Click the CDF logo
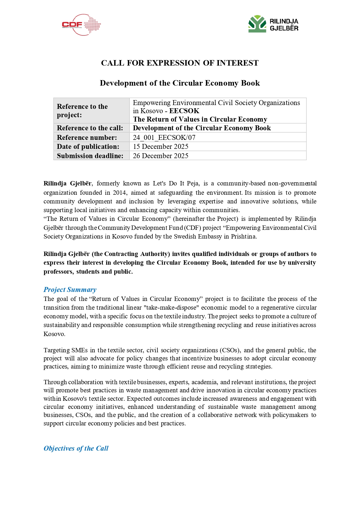point(81,25)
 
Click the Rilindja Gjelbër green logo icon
point(257,24)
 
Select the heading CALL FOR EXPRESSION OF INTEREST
point(180,63)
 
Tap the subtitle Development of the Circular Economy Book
point(180,83)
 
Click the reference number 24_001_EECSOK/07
point(164,137)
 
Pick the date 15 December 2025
point(161,147)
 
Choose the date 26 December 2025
point(161,156)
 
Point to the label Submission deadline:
point(90,156)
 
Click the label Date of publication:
point(88,147)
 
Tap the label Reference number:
point(87,137)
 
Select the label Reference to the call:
point(90,128)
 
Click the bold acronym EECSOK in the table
point(184,111)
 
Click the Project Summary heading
point(70,290)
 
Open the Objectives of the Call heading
point(76,448)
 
